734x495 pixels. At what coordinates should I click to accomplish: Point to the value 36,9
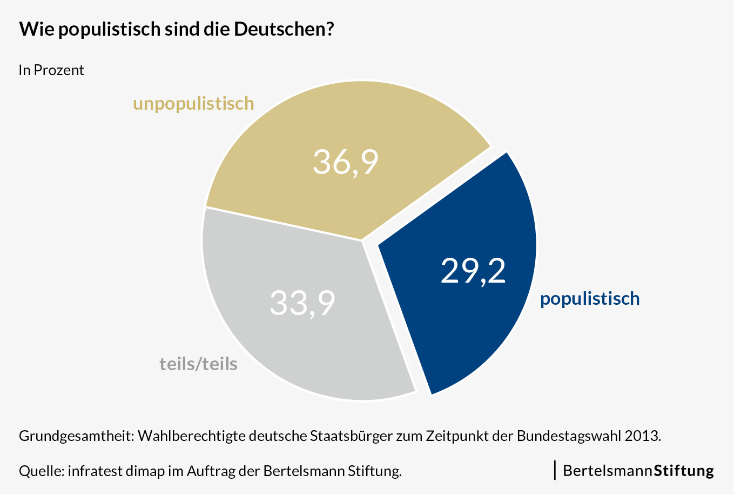[x=346, y=162]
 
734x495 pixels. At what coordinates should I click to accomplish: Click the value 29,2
[x=473, y=270]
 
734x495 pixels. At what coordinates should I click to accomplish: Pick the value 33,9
[x=302, y=303]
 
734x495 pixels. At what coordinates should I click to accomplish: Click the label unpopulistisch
[x=193, y=103]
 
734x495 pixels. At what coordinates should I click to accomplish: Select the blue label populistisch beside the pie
[x=590, y=299]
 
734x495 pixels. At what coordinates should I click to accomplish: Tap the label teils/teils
[x=198, y=364]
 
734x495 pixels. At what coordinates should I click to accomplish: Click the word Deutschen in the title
[x=280, y=29]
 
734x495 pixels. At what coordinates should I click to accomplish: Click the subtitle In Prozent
[x=51, y=70]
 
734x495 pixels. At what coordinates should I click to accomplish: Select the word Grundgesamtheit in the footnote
[x=76, y=436]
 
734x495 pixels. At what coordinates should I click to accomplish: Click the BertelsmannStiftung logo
[x=637, y=471]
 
